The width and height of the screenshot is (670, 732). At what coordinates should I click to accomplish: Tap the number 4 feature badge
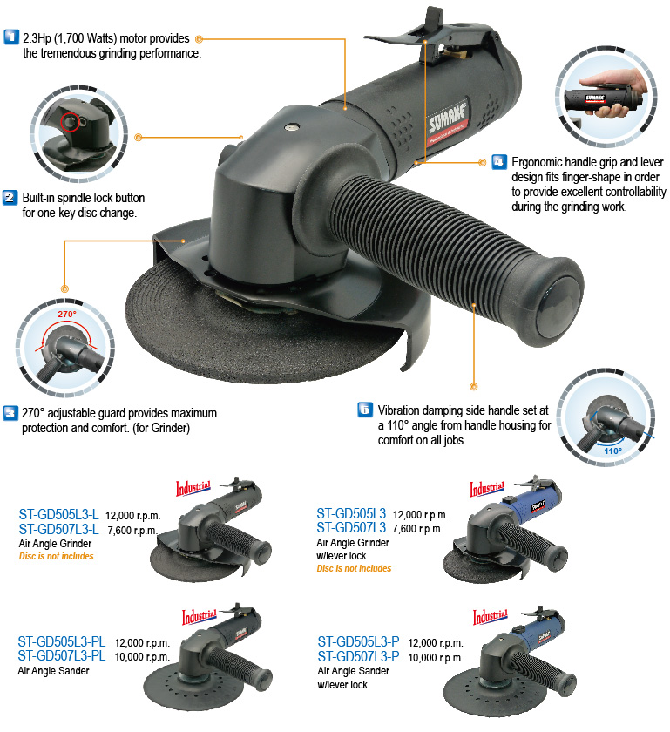pyautogui.click(x=498, y=161)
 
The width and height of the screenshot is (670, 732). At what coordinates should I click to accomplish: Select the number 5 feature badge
pyautogui.click(x=365, y=409)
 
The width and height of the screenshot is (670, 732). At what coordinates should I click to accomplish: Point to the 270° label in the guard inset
pyautogui.click(x=66, y=313)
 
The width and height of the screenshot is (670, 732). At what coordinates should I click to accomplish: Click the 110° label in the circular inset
pyautogui.click(x=613, y=451)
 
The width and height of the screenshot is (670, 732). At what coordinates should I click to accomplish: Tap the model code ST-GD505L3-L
pyautogui.click(x=58, y=515)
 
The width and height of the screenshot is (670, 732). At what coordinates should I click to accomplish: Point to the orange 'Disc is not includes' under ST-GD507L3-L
pyautogui.click(x=56, y=556)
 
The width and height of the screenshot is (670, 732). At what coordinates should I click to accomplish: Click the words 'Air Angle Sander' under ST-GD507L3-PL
pyautogui.click(x=55, y=672)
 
